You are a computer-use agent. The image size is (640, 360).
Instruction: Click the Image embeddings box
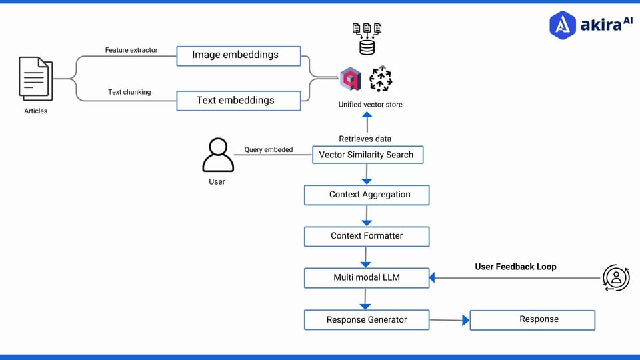point(239,55)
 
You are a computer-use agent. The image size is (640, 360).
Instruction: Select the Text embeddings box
point(239,101)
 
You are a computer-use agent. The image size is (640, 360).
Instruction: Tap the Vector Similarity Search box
point(367,155)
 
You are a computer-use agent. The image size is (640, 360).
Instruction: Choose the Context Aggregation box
point(367,195)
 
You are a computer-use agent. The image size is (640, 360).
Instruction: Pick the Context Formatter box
point(367,236)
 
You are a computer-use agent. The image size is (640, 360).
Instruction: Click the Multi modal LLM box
point(367,277)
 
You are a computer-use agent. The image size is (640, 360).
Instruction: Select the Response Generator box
point(367,320)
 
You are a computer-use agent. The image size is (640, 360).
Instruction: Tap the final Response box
point(532,320)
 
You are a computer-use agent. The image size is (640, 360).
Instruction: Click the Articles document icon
point(35,79)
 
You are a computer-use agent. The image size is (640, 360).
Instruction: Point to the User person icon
point(218,155)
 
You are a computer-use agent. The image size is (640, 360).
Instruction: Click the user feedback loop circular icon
point(615,277)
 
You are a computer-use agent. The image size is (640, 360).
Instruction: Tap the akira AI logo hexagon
point(563,24)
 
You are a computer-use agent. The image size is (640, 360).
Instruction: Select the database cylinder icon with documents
point(366,39)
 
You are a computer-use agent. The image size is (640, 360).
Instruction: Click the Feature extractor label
point(131,50)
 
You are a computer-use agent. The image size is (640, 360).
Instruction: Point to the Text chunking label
point(129,92)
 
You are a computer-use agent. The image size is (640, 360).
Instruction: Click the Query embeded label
point(268,150)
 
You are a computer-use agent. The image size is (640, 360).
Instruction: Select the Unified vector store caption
point(370,105)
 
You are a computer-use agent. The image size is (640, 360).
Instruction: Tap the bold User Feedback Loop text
point(515,267)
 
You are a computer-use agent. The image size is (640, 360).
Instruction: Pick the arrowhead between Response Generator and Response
point(465,321)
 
